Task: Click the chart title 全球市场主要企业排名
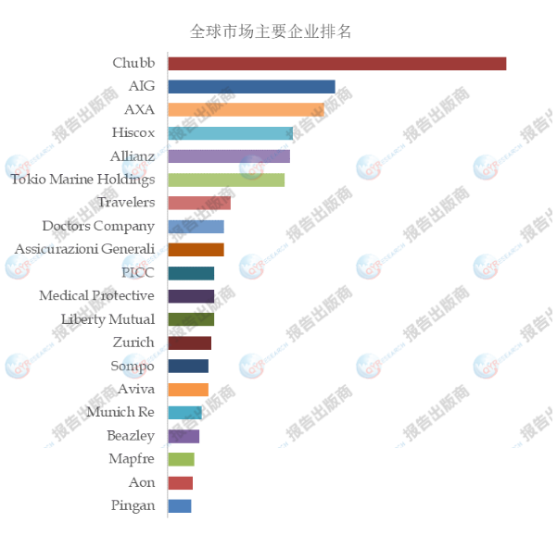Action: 271,31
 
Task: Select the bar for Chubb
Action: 336,64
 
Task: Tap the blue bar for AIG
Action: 251,87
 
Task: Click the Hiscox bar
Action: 230,133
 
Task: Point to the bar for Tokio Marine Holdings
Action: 226,180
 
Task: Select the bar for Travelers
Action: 199,203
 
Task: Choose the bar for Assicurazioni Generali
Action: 196,250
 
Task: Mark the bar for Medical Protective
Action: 191,296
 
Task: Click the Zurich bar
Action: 189,342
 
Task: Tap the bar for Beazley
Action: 184,436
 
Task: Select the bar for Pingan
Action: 180,506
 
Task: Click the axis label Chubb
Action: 133,64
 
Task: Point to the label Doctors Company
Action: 98,226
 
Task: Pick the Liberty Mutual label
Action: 108,319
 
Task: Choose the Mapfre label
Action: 132,459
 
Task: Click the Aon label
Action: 142,483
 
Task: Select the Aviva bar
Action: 188,390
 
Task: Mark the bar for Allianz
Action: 229,156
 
